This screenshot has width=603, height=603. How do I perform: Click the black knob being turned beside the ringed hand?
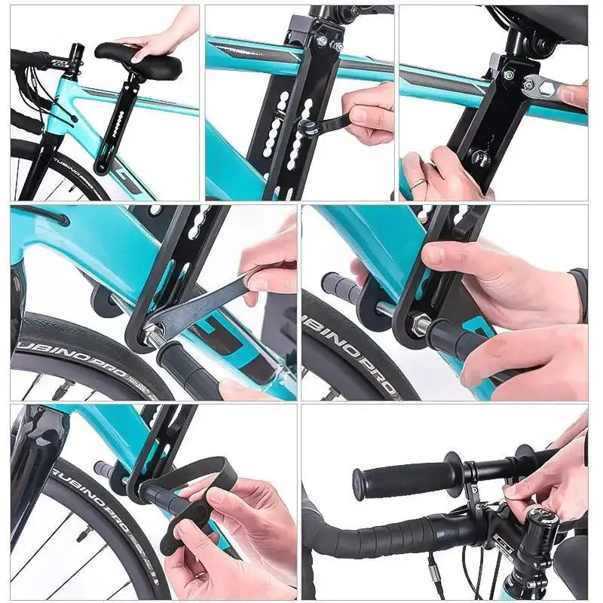tap(479, 159)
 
